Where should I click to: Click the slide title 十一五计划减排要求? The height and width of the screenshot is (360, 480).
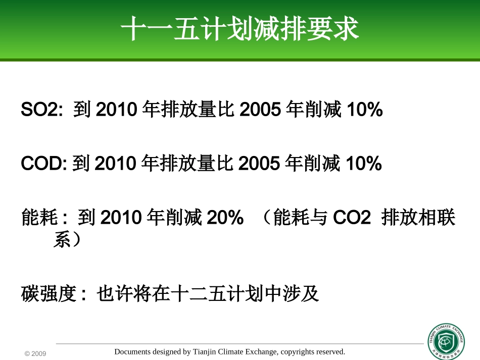pyautogui.click(x=240, y=29)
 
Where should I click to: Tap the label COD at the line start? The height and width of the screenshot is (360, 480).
pyautogui.click(x=42, y=164)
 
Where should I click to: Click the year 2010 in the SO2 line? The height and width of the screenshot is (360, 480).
pyautogui.click(x=117, y=110)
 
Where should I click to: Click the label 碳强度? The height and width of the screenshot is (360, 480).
pyautogui.click(x=47, y=293)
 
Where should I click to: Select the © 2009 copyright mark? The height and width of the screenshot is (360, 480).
pyautogui.click(x=35, y=354)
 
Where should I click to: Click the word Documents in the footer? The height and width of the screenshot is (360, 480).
pyautogui.click(x=132, y=352)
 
